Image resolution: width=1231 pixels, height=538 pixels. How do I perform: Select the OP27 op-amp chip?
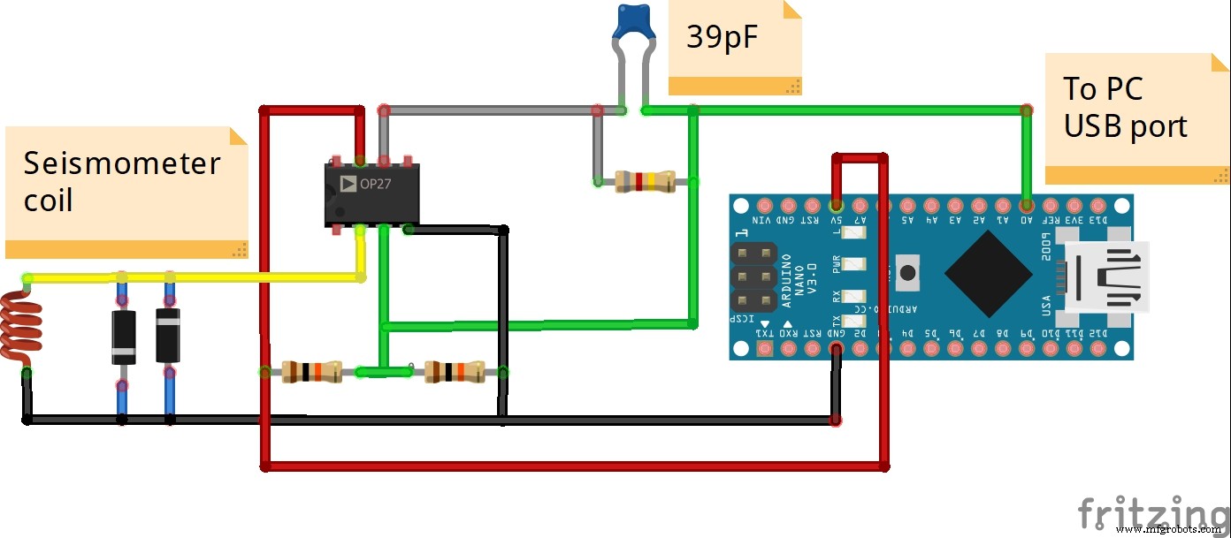(x=371, y=194)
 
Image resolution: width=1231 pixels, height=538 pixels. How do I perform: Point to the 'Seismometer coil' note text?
(x=121, y=181)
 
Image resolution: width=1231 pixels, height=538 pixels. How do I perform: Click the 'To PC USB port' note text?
(x=1125, y=107)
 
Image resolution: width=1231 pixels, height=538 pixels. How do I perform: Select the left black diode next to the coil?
(x=123, y=337)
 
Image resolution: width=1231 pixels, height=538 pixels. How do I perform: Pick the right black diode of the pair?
(x=168, y=334)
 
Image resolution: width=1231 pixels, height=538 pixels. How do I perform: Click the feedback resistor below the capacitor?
(x=646, y=182)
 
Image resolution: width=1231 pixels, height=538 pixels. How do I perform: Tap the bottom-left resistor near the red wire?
(x=310, y=372)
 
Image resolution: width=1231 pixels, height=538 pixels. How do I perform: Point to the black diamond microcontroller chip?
(x=989, y=275)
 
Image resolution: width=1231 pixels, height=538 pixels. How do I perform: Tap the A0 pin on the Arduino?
(x=1026, y=204)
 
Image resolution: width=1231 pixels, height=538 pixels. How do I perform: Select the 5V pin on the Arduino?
(x=836, y=204)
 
